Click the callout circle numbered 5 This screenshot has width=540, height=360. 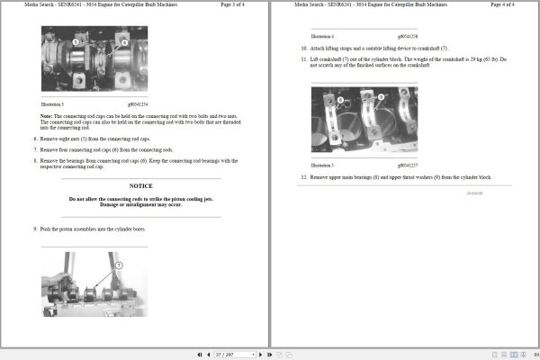click(76, 41)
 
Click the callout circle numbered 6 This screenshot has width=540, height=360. click(124, 41)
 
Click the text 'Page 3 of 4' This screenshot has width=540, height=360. click(235, 5)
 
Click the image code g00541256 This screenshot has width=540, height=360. click(407, 36)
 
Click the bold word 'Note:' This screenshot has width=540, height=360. click(46, 115)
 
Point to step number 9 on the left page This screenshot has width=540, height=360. click(36, 229)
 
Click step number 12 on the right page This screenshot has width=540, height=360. click(304, 177)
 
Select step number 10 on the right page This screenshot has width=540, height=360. click(304, 48)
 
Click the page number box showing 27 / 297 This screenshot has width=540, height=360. click(225, 355)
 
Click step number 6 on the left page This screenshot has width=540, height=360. click(36, 138)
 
